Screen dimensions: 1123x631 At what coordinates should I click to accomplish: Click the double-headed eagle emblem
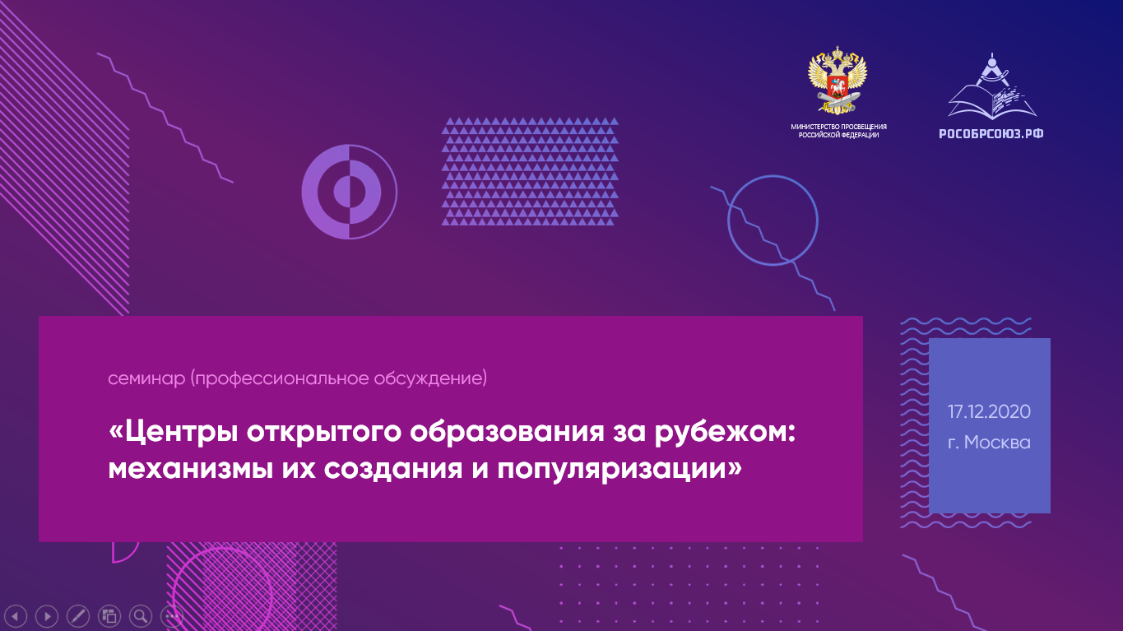pos(838,80)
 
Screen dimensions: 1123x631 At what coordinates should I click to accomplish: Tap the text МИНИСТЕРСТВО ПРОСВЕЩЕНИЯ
pos(838,127)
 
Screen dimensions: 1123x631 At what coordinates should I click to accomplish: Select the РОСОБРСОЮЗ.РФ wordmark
pos(991,134)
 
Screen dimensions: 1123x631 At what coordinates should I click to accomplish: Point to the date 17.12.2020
pos(989,411)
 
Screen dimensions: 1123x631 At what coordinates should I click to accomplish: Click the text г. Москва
pos(989,443)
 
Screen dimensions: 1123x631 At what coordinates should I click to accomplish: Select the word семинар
pos(146,378)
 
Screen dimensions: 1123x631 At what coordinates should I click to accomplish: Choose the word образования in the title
pos(507,432)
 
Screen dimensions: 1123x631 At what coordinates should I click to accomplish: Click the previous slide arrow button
pos(16,615)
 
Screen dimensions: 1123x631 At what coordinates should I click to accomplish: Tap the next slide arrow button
pos(47,615)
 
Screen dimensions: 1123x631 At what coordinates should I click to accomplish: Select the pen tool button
pos(78,615)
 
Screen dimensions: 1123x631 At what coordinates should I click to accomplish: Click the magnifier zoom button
pos(141,615)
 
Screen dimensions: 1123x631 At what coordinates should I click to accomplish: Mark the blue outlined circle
pos(728,220)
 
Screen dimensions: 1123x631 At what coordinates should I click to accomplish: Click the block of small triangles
pos(530,171)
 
